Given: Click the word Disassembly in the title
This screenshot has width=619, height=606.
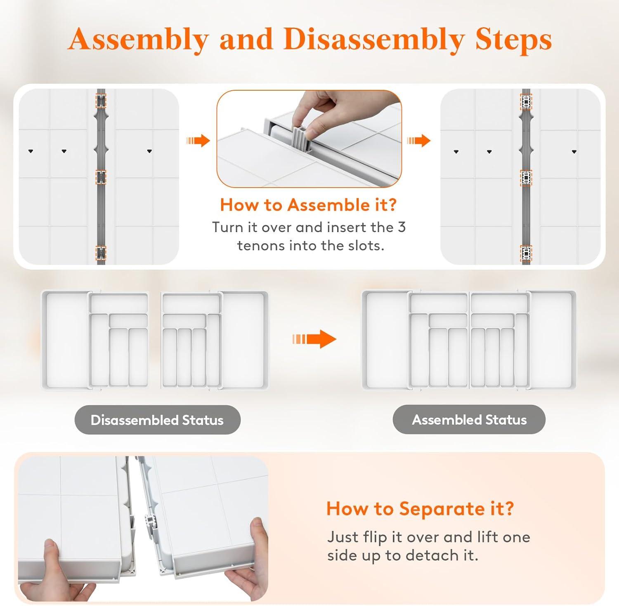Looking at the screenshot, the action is tap(373, 40).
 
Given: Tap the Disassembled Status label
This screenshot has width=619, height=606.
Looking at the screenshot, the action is tap(157, 420).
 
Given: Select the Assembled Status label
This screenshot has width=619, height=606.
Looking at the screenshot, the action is tap(469, 420).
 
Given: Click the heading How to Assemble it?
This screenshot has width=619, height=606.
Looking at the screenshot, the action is tap(308, 205).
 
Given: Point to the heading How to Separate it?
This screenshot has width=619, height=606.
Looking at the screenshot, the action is tap(420, 508).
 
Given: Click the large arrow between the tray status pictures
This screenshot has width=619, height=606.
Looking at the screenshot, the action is tap(314, 339).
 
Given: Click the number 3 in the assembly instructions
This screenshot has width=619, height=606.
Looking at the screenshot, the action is tap(402, 227).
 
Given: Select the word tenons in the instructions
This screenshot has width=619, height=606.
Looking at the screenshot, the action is tap(261, 246).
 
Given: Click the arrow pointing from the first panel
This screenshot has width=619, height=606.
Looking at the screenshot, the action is tap(198, 141).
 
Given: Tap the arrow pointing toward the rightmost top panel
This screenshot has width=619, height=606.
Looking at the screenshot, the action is tap(419, 141).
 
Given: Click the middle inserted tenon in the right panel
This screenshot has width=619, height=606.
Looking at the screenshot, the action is tap(526, 178).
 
